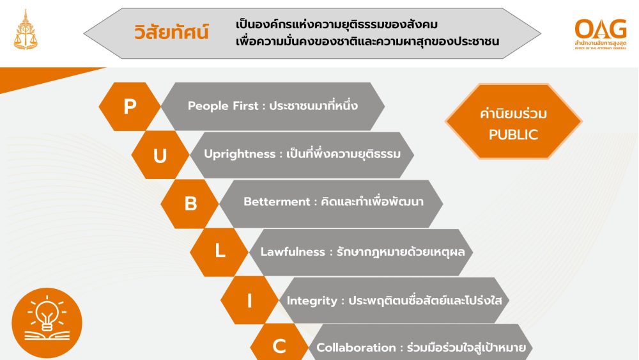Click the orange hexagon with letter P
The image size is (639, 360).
click(x=130, y=106)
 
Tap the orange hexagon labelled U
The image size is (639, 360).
click(x=160, y=155)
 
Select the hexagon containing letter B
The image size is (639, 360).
click(x=190, y=203)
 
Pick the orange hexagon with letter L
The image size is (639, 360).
click(x=219, y=252)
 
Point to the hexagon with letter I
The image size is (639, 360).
click(x=249, y=301)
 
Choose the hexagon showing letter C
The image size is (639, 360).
click(x=279, y=345)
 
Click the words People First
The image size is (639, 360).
click(x=223, y=106)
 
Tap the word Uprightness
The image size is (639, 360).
click(x=240, y=154)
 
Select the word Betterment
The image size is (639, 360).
click(x=277, y=202)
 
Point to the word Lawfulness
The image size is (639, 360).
click(x=293, y=251)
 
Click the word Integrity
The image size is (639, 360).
click(x=312, y=301)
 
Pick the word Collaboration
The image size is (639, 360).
click(x=356, y=348)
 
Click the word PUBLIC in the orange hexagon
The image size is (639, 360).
click(x=514, y=135)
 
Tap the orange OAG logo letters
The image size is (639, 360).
click(x=601, y=29)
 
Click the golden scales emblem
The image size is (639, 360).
click(x=26, y=31)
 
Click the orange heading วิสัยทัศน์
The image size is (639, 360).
click(x=171, y=32)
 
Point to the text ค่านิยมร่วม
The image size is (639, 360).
click(x=513, y=113)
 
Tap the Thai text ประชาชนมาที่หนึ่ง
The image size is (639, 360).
click(x=313, y=106)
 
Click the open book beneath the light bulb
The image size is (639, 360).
click(x=47, y=336)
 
